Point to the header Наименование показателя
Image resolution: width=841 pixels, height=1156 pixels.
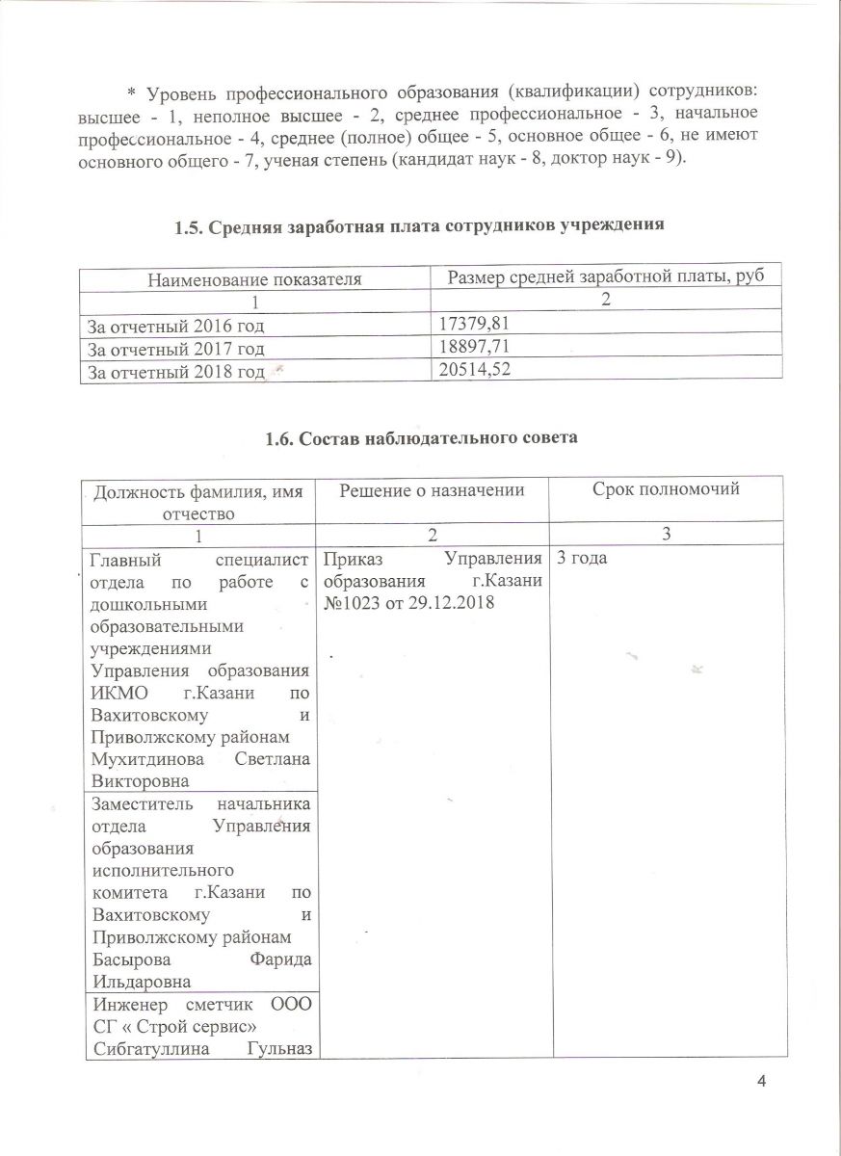tap(254, 279)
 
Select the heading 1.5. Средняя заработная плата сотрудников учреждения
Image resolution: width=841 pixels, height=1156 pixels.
tap(420, 227)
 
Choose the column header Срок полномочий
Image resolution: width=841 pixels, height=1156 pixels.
tap(667, 489)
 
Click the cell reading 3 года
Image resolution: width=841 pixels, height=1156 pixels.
tap(581, 558)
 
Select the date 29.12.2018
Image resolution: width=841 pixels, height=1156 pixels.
tap(448, 602)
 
